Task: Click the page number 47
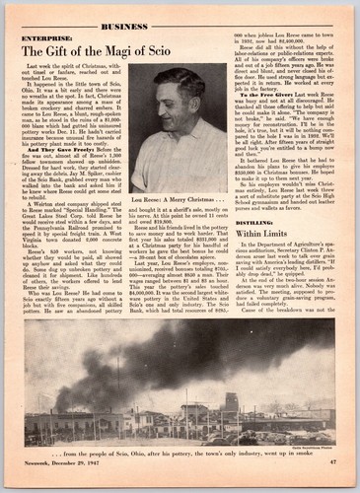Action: (331, 461)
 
